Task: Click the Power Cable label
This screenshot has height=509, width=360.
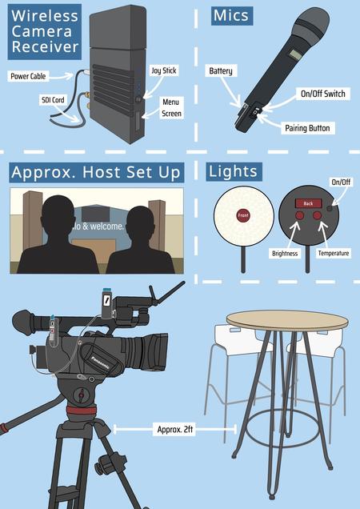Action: [x=28, y=76]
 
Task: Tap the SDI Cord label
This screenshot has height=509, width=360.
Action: [x=54, y=100]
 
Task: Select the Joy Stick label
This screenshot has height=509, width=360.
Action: [x=164, y=70]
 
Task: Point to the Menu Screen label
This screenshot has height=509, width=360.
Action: [x=171, y=108]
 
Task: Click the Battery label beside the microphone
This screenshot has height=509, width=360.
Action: [x=221, y=70]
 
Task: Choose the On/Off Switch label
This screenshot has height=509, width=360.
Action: [x=323, y=94]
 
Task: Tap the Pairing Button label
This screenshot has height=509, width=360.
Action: [x=307, y=128]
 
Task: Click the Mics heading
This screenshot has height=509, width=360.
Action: [x=232, y=15]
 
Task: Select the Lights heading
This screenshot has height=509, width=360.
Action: [x=234, y=171]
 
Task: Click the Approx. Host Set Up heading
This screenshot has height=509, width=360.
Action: [x=97, y=172]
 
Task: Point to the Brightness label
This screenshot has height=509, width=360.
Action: [x=285, y=254]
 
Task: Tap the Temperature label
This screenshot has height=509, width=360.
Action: [x=334, y=253]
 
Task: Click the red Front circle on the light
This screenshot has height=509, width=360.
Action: [x=243, y=215]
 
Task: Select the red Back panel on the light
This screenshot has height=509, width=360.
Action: [x=308, y=203]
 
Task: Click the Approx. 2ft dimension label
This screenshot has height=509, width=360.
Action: [x=174, y=429]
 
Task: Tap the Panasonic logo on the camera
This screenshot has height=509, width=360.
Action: [x=100, y=363]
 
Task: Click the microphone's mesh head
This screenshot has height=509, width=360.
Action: [x=310, y=24]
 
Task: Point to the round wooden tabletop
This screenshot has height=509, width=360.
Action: [x=287, y=320]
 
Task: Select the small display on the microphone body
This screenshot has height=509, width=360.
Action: [x=294, y=54]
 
